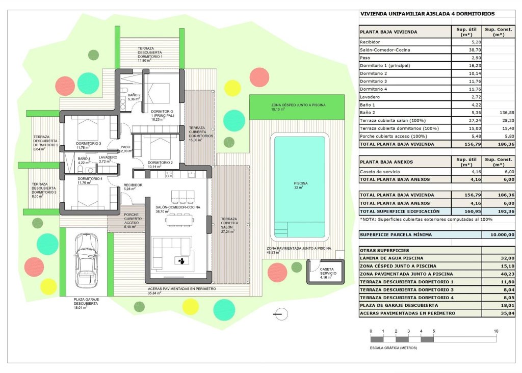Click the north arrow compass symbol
279,314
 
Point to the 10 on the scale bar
495,331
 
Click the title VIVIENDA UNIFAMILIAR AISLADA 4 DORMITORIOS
427,14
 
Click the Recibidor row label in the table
370,42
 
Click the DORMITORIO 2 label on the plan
160,163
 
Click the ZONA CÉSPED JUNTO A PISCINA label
298,105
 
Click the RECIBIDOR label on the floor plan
133,185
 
